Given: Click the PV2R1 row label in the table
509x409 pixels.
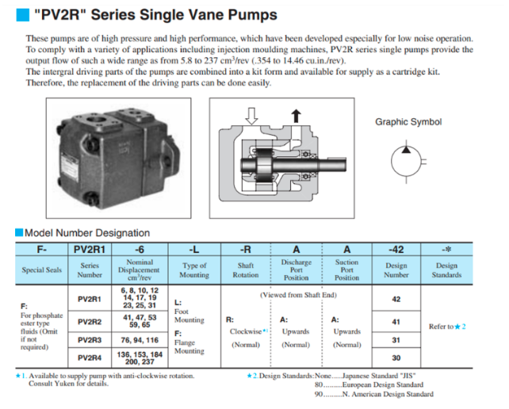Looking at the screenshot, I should (90, 300).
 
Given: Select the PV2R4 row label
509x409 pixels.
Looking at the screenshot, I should (90, 357).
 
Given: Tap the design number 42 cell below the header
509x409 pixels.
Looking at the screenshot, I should (396, 300).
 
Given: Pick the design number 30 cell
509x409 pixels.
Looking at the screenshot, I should (396, 357).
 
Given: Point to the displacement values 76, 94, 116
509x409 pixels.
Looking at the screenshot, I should (139, 339).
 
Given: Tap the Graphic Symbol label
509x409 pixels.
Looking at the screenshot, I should (408, 122).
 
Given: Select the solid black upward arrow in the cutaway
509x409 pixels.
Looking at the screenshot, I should (296, 116).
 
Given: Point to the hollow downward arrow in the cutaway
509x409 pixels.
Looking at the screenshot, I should (252, 117).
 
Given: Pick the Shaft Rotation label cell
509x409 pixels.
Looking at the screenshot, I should (246, 270).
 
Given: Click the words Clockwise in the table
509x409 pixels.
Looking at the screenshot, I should (244, 331).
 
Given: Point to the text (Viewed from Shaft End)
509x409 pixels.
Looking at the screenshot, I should (299, 294).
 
